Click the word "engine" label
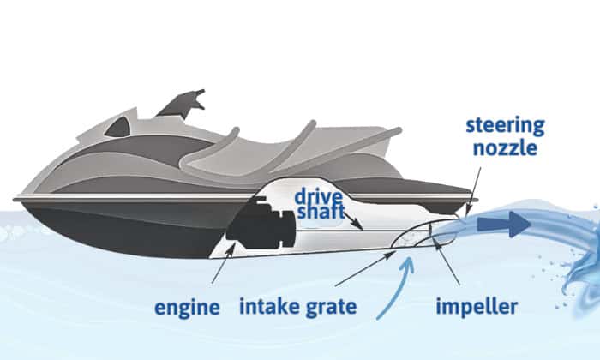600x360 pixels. (188, 307)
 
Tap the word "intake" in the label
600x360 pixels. (273, 306)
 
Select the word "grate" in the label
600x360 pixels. (338, 306)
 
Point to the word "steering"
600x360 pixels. (504, 126)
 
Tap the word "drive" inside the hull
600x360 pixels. (319, 191)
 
